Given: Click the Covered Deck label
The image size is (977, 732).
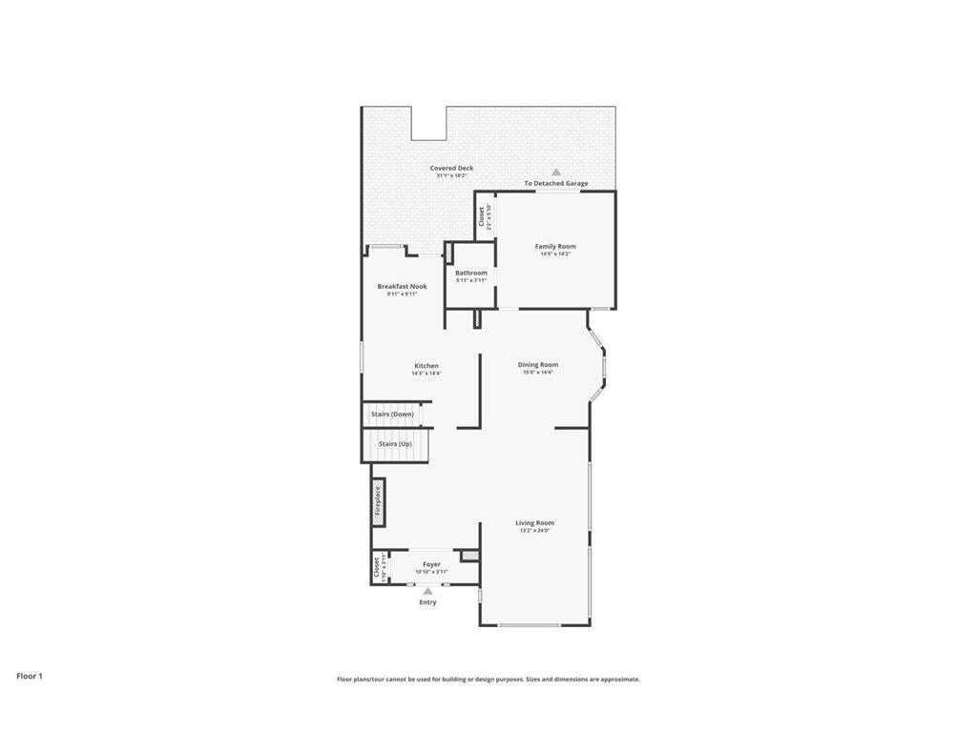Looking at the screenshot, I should (451, 168).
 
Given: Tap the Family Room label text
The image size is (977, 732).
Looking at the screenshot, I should (555, 246).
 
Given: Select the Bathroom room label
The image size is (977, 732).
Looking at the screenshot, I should (470, 273).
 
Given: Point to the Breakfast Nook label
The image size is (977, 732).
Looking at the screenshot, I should (402, 286).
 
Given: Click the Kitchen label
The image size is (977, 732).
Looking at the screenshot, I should (426, 366).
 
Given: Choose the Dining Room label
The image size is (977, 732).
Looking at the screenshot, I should (538, 364).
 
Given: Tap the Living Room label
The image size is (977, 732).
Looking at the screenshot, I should (535, 522).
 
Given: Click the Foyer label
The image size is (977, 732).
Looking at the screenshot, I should (431, 564).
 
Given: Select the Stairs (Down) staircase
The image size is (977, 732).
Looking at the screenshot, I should (393, 415).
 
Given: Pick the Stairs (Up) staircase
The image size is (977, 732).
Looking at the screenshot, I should (395, 444).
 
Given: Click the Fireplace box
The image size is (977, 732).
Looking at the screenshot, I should (378, 500).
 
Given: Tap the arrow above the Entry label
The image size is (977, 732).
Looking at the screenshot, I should (427, 591).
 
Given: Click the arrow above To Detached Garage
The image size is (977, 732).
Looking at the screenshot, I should (556, 173).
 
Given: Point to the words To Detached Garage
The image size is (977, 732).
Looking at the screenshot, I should (556, 183).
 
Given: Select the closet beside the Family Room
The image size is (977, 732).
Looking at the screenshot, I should (485, 216).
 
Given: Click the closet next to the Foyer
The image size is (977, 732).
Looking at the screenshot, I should (379, 567).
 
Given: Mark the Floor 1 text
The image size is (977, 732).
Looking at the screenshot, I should (30, 676).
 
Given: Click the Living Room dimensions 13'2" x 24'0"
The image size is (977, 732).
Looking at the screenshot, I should (535, 531).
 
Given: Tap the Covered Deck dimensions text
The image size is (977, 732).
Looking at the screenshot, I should (451, 176).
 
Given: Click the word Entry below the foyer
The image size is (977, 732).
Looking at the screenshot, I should (427, 602).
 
